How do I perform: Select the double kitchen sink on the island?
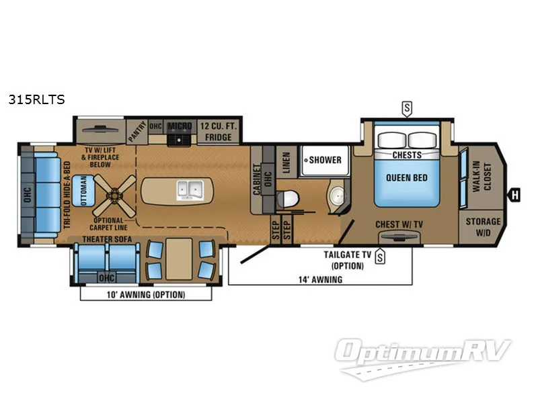coord(190,189)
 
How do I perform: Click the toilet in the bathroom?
coord(287,198)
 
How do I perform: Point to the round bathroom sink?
coord(337,196)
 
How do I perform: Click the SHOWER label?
coord(325,160)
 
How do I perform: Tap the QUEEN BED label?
coord(407,177)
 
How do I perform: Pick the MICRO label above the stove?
coord(180,126)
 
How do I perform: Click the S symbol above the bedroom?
coord(406,107)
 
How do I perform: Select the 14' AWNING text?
coord(320,279)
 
